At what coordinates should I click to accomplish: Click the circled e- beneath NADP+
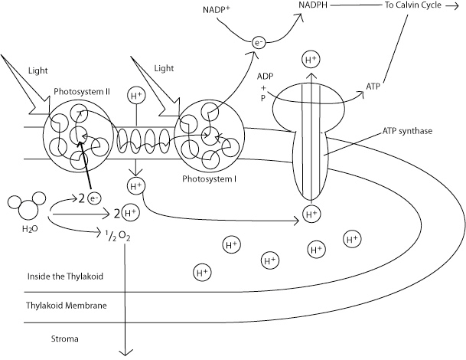(x=259, y=54)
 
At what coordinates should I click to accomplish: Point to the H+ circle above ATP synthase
(x=311, y=59)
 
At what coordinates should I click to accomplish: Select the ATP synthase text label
(x=406, y=131)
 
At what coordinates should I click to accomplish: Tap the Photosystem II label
(x=82, y=90)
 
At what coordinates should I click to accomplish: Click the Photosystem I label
(x=206, y=178)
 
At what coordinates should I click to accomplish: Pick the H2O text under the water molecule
(x=24, y=229)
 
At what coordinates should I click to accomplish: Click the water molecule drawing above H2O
(x=24, y=207)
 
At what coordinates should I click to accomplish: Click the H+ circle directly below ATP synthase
(x=311, y=213)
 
